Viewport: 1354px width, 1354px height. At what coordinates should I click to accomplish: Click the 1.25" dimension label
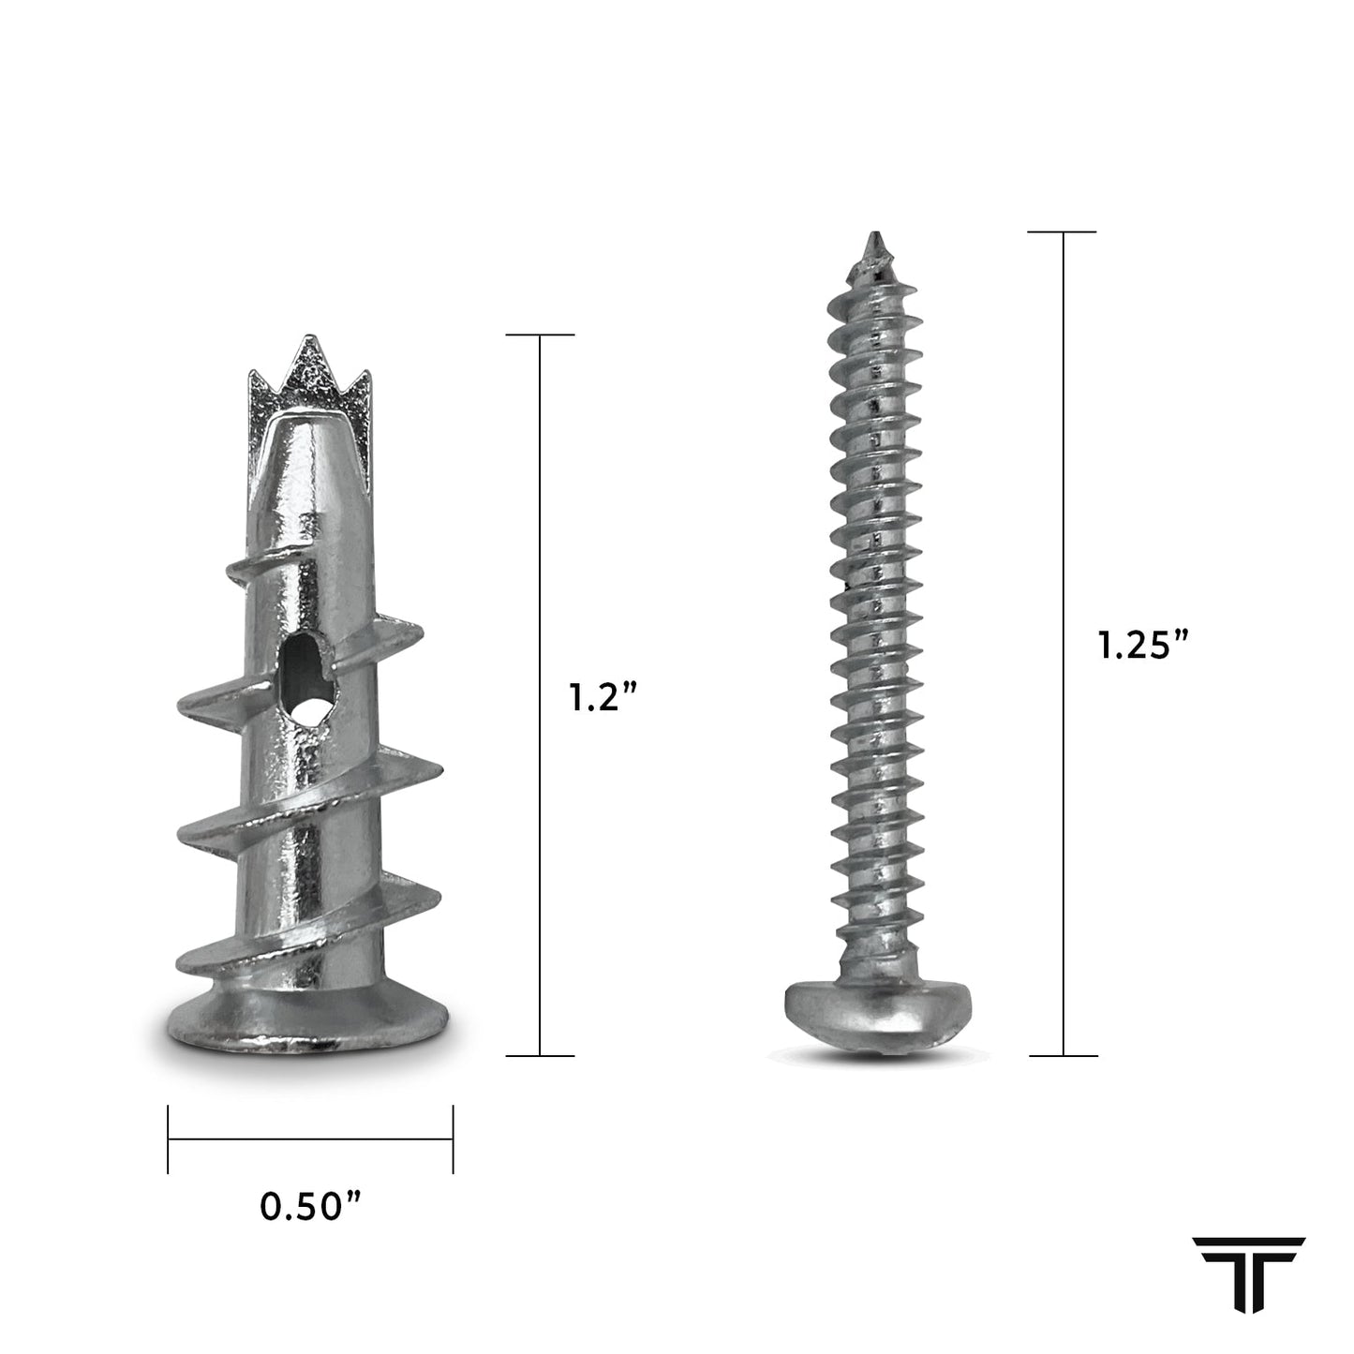(1143, 646)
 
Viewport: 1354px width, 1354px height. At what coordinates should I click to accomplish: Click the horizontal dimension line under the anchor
(310, 1139)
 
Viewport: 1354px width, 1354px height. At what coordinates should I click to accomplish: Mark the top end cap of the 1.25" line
(1063, 231)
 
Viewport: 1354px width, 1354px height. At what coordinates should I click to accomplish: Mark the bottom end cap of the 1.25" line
(1063, 1056)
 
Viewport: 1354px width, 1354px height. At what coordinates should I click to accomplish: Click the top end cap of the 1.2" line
(540, 335)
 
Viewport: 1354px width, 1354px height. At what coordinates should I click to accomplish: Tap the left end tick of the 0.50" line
(169, 1139)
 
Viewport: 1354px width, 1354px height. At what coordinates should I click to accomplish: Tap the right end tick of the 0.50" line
(454, 1139)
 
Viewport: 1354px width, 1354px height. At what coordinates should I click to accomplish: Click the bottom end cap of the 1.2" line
(540, 1056)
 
